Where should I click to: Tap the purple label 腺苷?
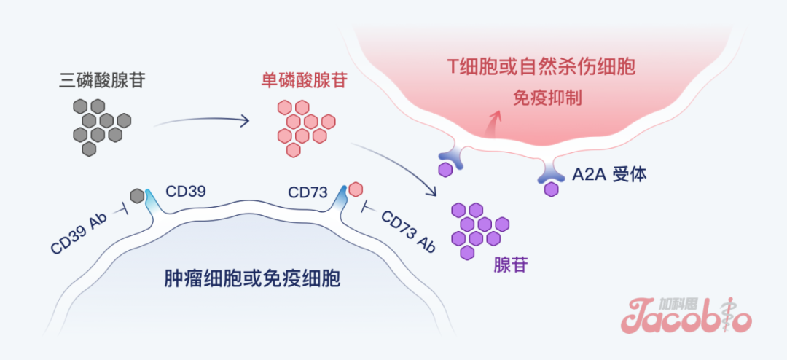[x=510, y=265]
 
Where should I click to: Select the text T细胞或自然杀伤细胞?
[x=541, y=68]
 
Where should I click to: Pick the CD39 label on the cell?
[x=186, y=192]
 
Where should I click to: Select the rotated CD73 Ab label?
[x=409, y=232]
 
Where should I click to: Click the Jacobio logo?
[x=686, y=314]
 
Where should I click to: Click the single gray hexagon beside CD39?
[x=137, y=195]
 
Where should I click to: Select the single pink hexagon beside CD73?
[x=355, y=189]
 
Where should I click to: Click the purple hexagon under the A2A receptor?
[x=552, y=189]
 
